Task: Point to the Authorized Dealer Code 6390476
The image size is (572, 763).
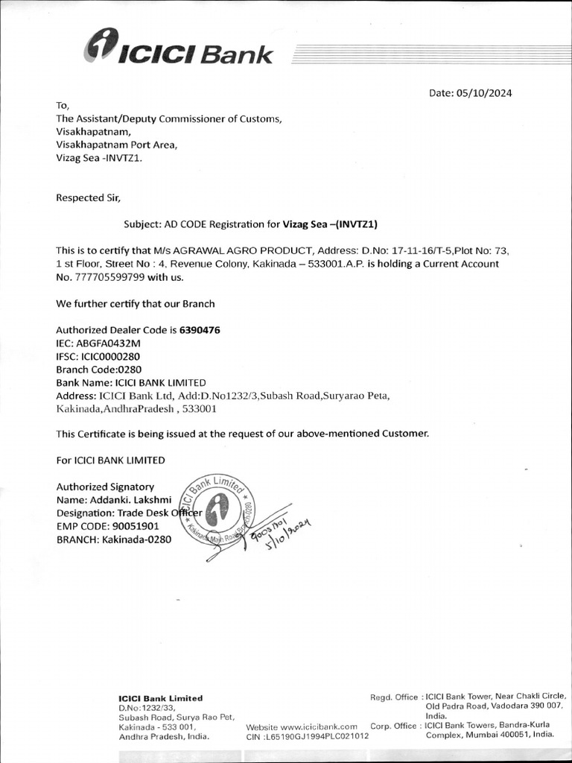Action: [200, 329]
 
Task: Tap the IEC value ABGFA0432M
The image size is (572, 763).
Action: [108, 343]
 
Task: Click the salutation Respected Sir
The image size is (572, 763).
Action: [87, 197]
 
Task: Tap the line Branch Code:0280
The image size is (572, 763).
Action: [98, 370]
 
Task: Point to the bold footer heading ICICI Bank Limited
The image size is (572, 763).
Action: [160, 698]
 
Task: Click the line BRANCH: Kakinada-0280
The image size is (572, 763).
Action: [114, 539]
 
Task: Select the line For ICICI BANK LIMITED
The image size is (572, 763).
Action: [110, 460]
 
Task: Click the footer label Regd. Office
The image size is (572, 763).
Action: [394, 697]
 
